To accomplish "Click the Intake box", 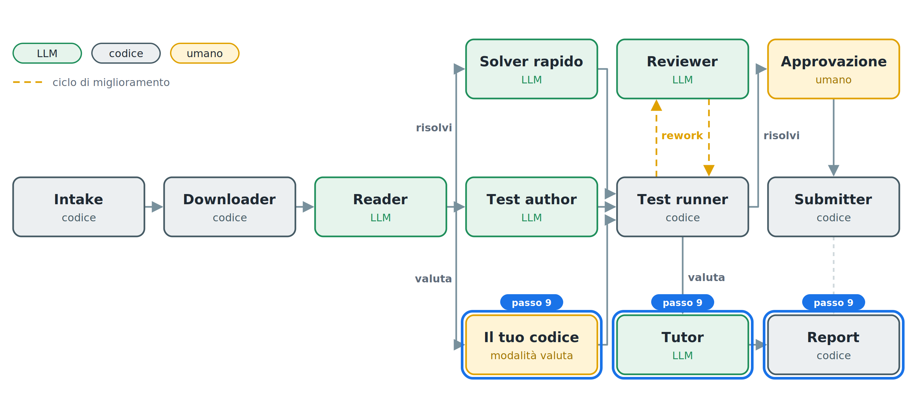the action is point(78,207).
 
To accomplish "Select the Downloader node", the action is point(229,207).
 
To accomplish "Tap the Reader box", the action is point(380,207).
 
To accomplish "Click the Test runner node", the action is point(682,207).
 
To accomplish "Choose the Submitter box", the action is point(833,207).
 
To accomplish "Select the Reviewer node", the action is point(682,69).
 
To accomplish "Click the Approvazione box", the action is point(833,69).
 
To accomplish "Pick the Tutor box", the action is point(682,344).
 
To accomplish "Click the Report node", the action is point(833,344).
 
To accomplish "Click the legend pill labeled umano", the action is point(204,53).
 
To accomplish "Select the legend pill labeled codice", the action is point(126,53).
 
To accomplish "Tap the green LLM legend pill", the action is point(47,53).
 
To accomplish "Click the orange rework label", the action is point(682,136).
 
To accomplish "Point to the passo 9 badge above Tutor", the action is point(682,303).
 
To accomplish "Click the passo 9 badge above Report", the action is point(833,303).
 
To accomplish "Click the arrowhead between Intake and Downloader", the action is point(157,207).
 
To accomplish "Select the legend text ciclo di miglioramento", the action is point(111,82).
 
